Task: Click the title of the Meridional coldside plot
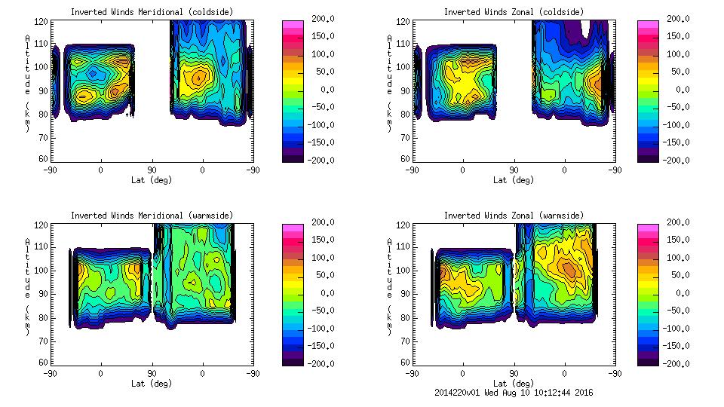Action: pos(152,12)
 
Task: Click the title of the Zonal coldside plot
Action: pos(513,12)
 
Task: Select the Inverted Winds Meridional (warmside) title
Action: pos(152,216)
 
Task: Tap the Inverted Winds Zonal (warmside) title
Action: pos(513,216)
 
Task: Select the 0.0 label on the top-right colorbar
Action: pos(680,89)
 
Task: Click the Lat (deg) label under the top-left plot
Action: pos(152,179)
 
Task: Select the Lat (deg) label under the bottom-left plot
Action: pos(152,383)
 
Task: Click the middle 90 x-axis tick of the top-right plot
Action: pos(514,170)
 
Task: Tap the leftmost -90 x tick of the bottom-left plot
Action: pos(50,373)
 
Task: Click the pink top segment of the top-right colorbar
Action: pos(647,26)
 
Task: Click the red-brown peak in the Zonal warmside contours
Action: pos(568,269)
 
